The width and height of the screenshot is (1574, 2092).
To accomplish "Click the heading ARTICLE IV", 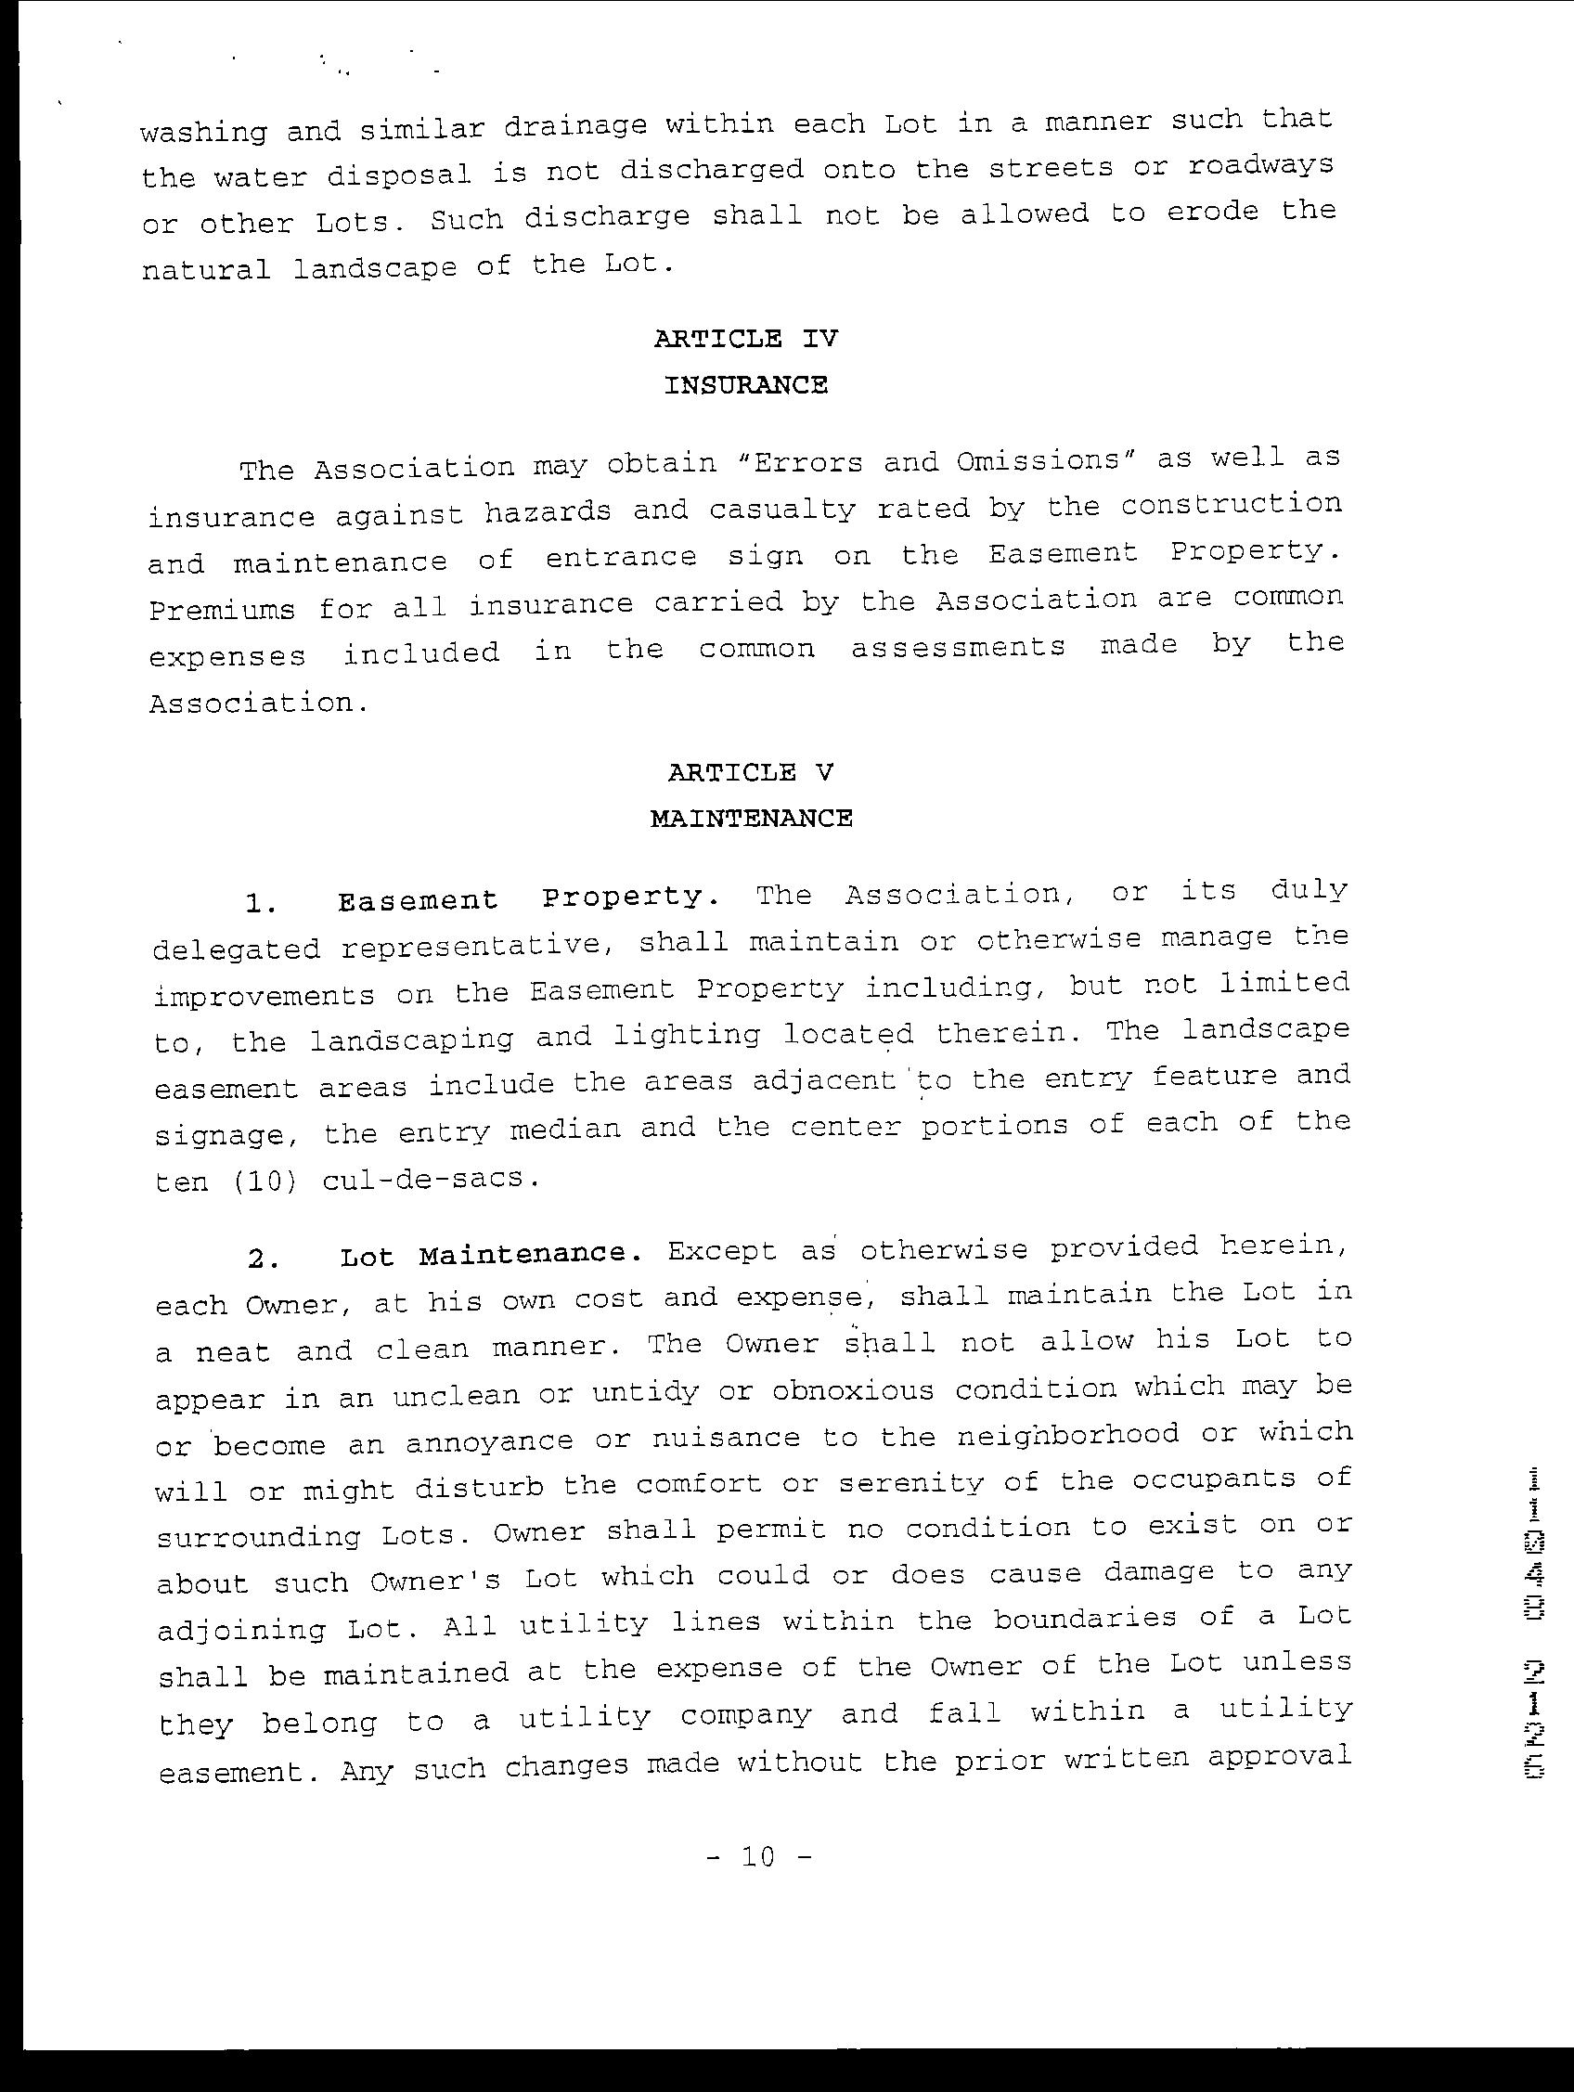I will (745, 339).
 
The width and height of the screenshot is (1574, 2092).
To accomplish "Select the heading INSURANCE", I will (745, 386).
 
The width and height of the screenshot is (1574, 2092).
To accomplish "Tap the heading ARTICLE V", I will (750, 773).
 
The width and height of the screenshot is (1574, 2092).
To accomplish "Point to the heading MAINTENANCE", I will (751, 818).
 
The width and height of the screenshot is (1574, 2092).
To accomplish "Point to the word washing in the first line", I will (203, 131).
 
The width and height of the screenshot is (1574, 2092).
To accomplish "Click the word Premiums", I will (221, 610).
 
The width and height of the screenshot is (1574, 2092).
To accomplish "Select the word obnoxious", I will (852, 1391).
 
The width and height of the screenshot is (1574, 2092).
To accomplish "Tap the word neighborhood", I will (1068, 1436).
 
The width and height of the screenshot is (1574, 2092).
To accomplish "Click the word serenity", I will (910, 1483).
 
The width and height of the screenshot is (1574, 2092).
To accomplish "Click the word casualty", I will (781, 510).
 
